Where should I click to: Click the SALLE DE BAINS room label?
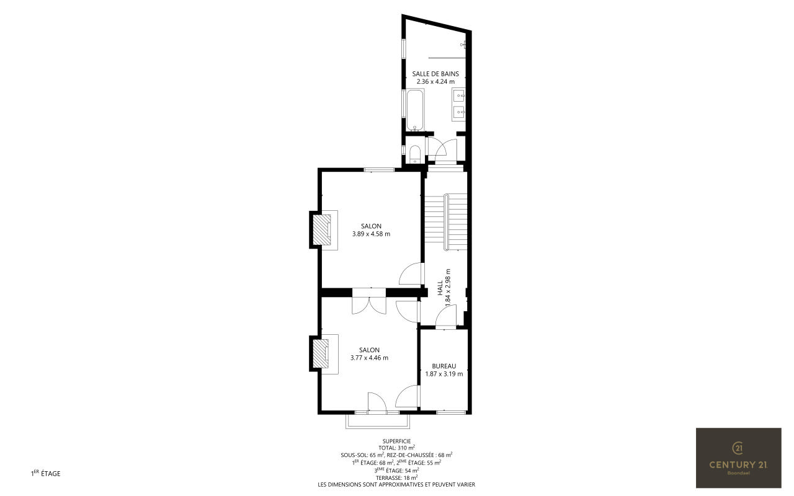click(435, 74)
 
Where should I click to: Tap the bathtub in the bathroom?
click(415, 110)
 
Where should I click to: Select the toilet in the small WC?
click(415, 155)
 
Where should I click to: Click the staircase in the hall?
click(446, 222)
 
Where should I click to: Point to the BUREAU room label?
click(444, 366)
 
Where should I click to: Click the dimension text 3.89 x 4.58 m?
click(371, 234)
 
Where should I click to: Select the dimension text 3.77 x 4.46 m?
click(369, 358)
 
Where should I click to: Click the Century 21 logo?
click(739, 458)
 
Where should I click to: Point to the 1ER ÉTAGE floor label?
click(46, 473)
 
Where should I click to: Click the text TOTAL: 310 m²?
click(396, 448)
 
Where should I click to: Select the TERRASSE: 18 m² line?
click(396, 477)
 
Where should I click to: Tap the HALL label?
click(440, 288)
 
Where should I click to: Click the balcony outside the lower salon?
click(378, 422)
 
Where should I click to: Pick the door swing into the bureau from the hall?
click(446, 316)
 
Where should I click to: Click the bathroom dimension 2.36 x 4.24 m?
click(435, 81)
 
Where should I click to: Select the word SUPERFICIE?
click(396, 441)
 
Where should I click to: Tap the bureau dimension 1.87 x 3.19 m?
click(444, 374)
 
